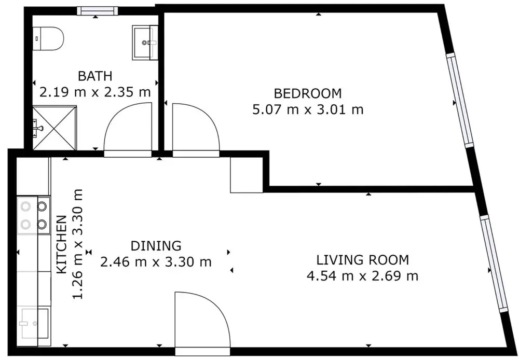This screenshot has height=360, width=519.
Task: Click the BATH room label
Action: [95, 76]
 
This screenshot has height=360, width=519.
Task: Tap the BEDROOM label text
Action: [308, 94]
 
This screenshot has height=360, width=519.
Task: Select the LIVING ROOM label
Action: [363, 260]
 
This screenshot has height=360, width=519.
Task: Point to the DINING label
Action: [156, 246]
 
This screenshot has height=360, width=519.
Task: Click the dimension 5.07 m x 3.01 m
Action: [308, 109]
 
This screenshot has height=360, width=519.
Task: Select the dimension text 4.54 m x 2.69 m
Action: [363, 275]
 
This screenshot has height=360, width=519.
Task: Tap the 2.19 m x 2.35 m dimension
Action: [95, 92]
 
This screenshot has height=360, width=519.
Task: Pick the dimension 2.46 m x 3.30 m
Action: [156, 262]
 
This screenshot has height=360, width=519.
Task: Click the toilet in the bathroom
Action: [48, 39]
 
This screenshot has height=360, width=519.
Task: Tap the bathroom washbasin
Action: [145, 43]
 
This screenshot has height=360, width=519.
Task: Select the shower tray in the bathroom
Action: [54, 128]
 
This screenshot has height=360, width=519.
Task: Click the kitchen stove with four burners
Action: [34, 215]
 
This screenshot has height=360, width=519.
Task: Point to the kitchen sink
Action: [34, 323]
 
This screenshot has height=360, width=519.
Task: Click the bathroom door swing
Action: [128, 129]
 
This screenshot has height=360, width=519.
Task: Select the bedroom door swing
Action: [196, 130]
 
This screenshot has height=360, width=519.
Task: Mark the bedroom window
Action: [460, 100]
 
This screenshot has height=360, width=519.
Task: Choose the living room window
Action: [494, 264]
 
